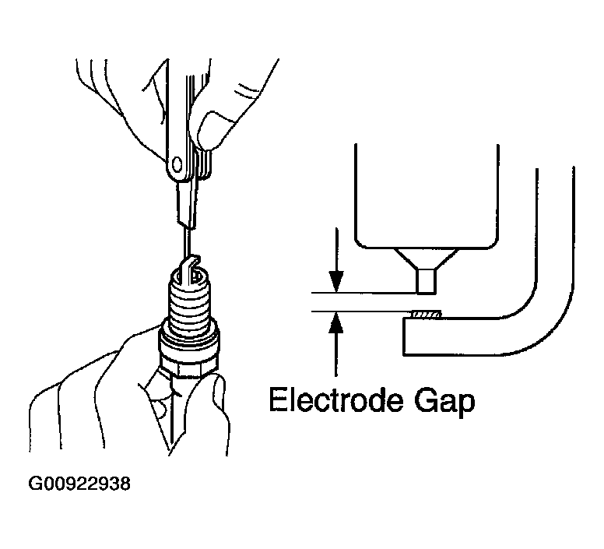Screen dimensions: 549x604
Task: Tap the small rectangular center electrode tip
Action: click(x=425, y=281)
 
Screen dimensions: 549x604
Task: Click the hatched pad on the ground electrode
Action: click(x=425, y=315)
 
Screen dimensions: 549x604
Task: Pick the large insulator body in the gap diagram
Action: click(x=425, y=195)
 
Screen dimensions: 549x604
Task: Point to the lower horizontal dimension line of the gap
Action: click(x=358, y=311)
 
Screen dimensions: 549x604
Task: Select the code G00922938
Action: click(x=79, y=484)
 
